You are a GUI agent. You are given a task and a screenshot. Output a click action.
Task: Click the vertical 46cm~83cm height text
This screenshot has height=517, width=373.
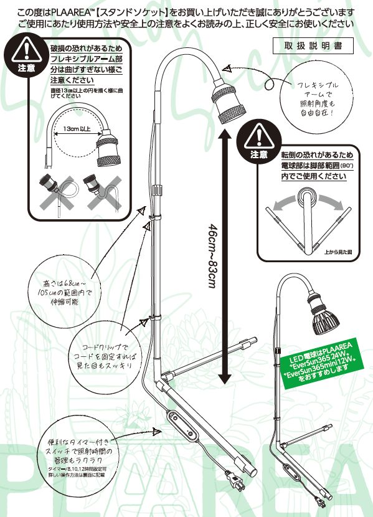(213, 255)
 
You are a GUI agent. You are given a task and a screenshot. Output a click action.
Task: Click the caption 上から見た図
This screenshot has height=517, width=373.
(338, 252)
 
